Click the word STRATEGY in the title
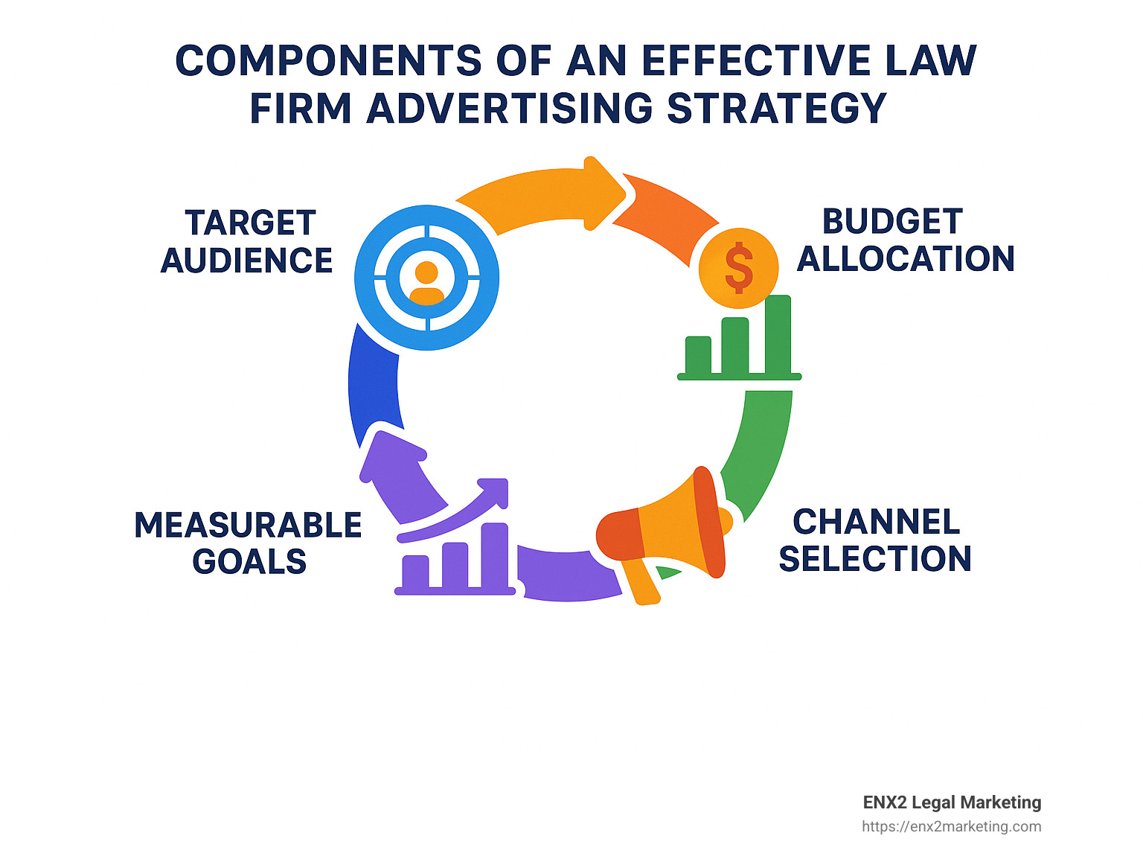tap(776, 109)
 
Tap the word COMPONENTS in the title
tap(328, 61)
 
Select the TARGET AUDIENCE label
tap(247, 242)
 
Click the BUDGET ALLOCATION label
tap(905, 240)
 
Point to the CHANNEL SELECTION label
tap(875, 540)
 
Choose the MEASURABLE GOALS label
tap(248, 543)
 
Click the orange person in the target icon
tap(426, 283)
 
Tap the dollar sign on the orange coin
tap(739, 266)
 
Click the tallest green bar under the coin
tap(778, 335)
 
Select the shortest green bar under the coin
tap(698, 355)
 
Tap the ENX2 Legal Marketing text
tap(951, 802)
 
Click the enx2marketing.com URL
tap(951, 826)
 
